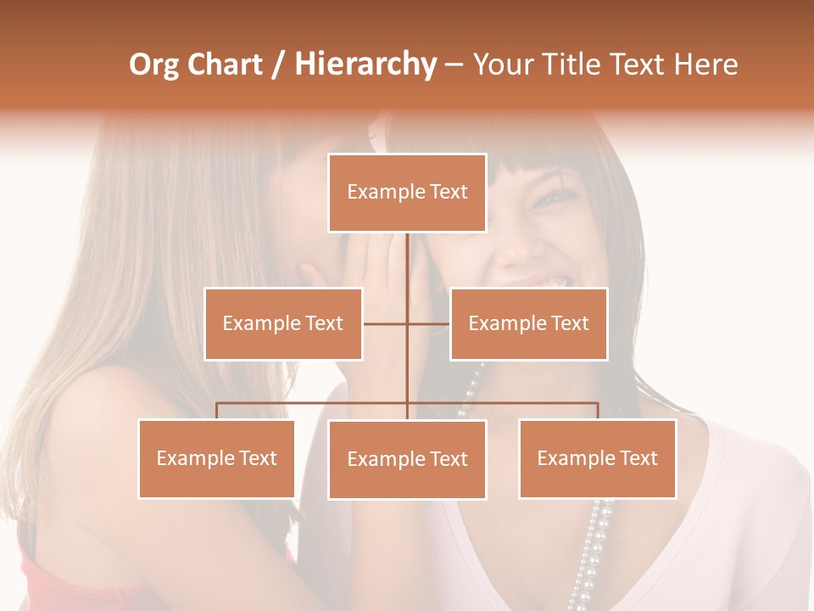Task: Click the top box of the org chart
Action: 407,193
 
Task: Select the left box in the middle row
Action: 283,324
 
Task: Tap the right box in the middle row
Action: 528,324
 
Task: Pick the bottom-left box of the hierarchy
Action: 217,458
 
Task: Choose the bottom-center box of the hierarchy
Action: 407,459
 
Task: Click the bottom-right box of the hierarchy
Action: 597,458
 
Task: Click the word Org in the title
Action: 153,65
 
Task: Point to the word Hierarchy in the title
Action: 365,65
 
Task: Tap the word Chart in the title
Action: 226,65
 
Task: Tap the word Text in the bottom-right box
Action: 638,458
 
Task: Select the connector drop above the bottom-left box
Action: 217,411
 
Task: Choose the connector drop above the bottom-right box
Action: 597,411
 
